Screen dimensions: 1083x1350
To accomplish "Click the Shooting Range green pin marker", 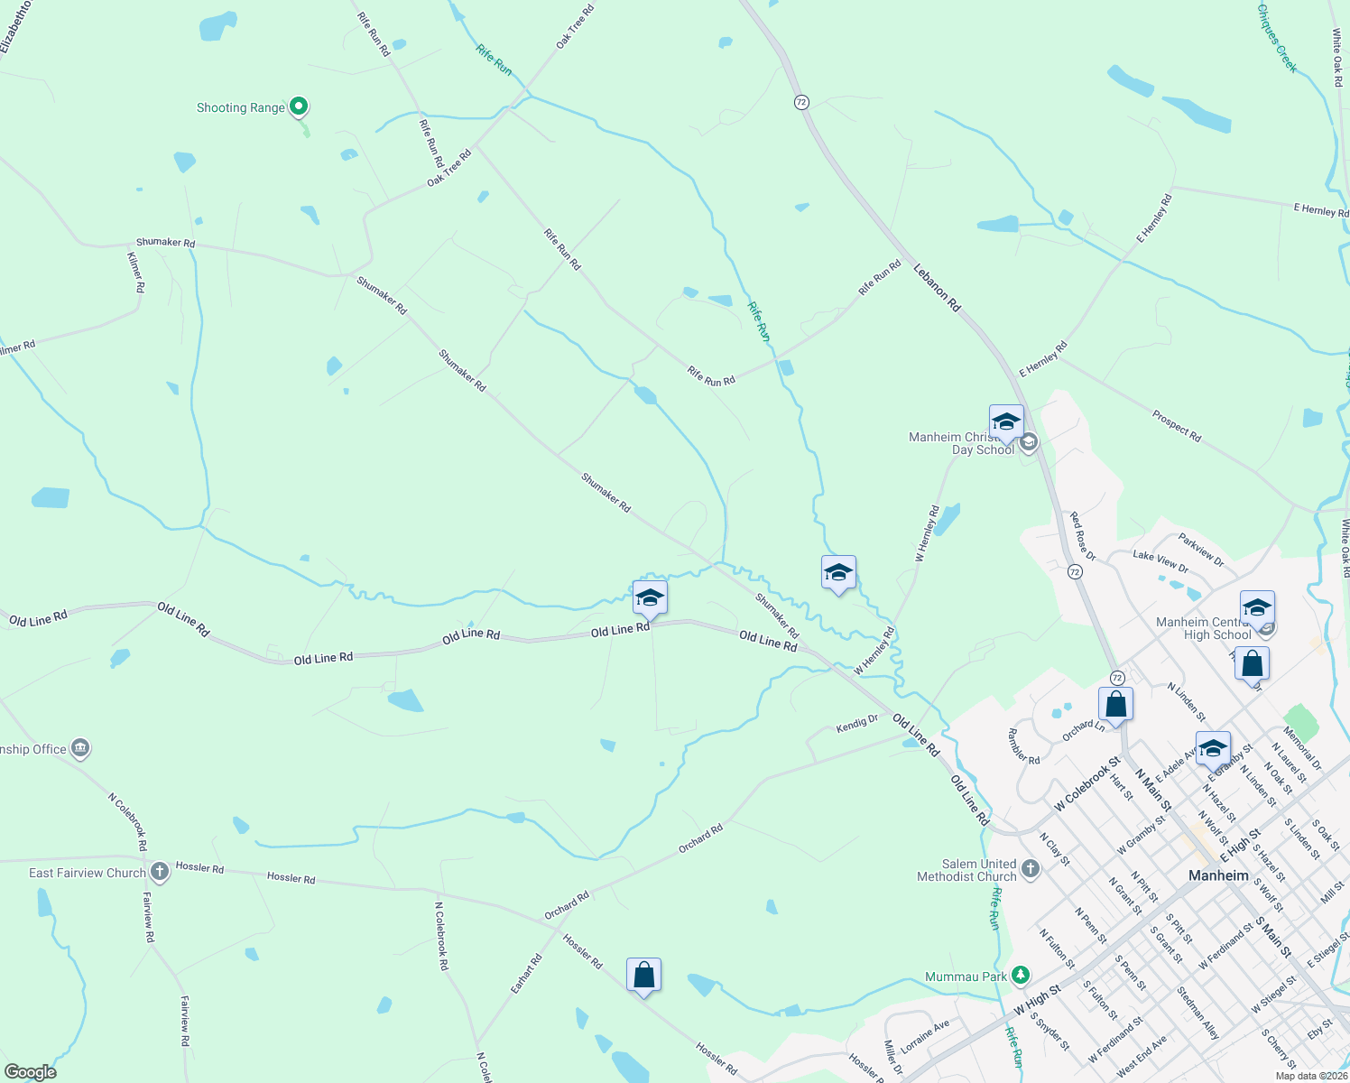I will (x=299, y=106).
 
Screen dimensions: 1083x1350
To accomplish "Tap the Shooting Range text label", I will (x=241, y=108).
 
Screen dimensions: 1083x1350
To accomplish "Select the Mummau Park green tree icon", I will (x=1021, y=975).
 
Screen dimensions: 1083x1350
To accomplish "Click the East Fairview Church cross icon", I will (x=160, y=872).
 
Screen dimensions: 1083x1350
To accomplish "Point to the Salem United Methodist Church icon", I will (x=1031, y=869).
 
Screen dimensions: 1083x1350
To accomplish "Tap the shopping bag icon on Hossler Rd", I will (x=643, y=976).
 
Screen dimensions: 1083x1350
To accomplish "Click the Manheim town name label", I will (x=1218, y=875).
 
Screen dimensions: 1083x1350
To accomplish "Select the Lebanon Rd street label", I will (x=937, y=288).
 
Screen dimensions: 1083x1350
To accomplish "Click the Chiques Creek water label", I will (x=1277, y=38).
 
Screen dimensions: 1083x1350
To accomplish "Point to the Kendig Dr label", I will (x=856, y=723).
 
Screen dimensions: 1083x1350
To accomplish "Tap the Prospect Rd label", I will (x=1176, y=426).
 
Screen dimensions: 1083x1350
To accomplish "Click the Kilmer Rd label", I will (x=137, y=272).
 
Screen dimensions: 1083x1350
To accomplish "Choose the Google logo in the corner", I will (x=29, y=1072).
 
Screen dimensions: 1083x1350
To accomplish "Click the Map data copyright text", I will (x=1310, y=1076).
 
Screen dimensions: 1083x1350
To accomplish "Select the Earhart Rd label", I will (x=525, y=974).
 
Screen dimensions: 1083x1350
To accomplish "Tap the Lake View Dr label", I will (x=1160, y=560).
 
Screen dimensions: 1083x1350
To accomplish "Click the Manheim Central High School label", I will (x=1203, y=628).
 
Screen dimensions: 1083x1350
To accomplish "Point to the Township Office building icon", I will (x=80, y=747).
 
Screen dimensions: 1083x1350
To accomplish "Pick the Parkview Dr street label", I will (x=1201, y=551).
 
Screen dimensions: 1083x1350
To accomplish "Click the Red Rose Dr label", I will (x=1083, y=536).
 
